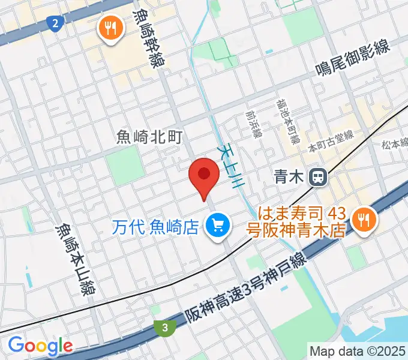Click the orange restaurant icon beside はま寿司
[x=364, y=220]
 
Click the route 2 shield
[x=55, y=23]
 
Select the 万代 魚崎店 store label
[x=157, y=227]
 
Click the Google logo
[x=40, y=346]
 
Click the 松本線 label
[x=394, y=144]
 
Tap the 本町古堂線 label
[x=331, y=143]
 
